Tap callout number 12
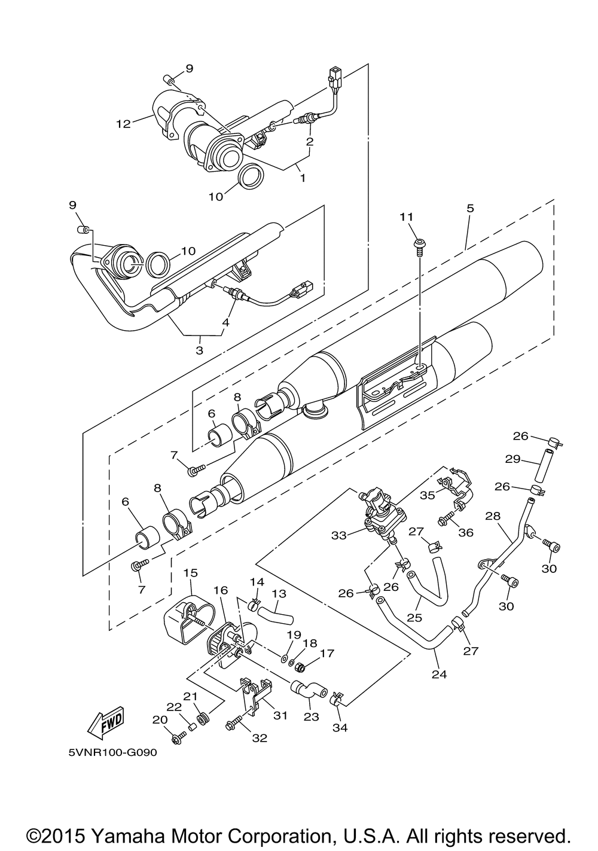(x=123, y=123)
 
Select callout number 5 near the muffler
(x=471, y=208)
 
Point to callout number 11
(x=406, y=216)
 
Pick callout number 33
(x=339, y=535)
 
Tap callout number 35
(x=428, y=495)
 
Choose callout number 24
(x=439, y=674)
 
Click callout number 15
(x=191, y=572)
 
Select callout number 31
(x=280, y=715)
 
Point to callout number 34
(x=340, y=728)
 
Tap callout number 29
(x=512, y=459)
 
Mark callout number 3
(x=200, y=350)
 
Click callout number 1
(x=303, y=178)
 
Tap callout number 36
(x=466, y=532)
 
